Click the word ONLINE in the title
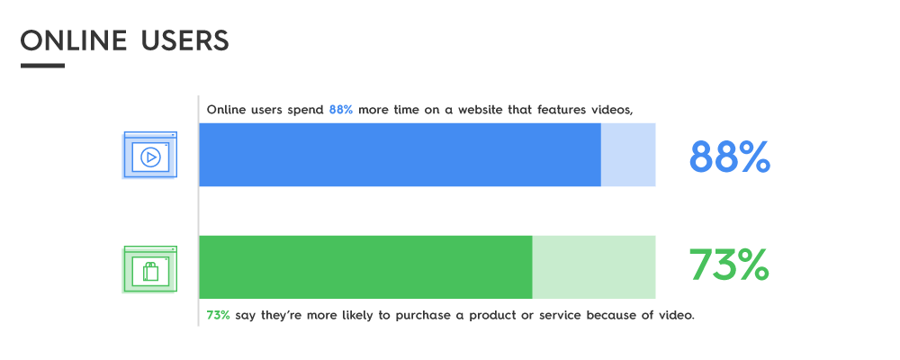point(74,40)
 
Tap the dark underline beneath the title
point(42,66)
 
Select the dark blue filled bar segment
point(400,155)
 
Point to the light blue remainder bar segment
point(628,155)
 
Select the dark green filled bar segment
point(365,267)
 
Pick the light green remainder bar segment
point(593,267)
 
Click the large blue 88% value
point(729,157)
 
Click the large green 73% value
point(729,264)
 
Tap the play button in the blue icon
point(150,157)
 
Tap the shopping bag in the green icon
point(151,272)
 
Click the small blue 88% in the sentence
point(340,110)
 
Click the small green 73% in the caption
point(218,315)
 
